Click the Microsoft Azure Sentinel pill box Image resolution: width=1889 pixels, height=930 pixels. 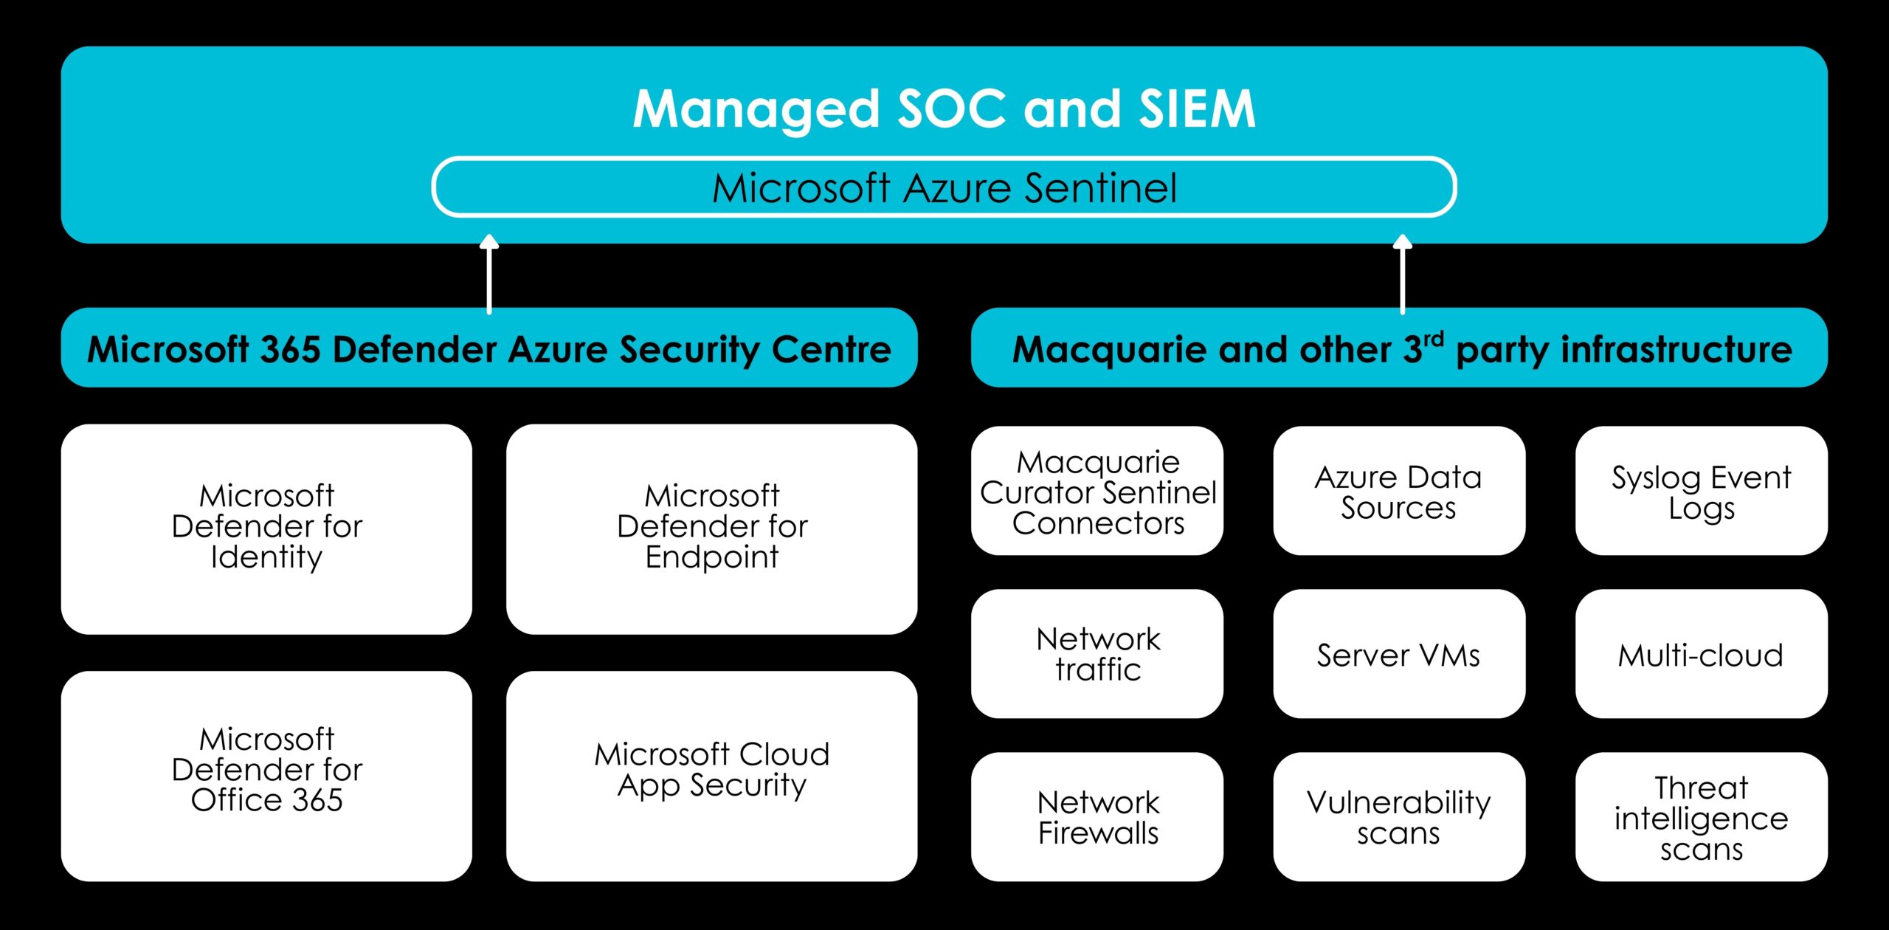point(944,187)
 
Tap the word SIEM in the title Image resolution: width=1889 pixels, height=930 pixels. point(1196,109)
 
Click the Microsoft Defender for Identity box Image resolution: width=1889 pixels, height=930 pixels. point(266,528)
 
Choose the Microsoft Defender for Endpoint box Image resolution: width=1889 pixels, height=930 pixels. point(711,528)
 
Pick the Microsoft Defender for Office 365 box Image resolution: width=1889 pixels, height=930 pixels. point(266,775)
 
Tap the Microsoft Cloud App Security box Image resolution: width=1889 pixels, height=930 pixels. point(711,775)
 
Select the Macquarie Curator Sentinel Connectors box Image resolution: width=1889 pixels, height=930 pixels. point(1097,491)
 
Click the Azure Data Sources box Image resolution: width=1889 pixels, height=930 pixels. point(1398,491)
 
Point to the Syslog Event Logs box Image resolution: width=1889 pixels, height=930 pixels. point(1701,491)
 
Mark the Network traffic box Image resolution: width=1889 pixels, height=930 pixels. point(1097,654)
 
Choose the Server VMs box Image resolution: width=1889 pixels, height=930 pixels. point(1398,654)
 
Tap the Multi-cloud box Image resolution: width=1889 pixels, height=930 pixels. point(1701,654)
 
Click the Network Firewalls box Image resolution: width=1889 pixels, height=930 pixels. point(1097,816)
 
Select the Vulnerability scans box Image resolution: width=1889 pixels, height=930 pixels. point(1398,816)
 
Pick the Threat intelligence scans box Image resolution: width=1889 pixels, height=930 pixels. point(1701,816)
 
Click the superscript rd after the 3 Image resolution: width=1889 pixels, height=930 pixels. point(1434,340)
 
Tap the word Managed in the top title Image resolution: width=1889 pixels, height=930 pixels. point(756,109)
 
